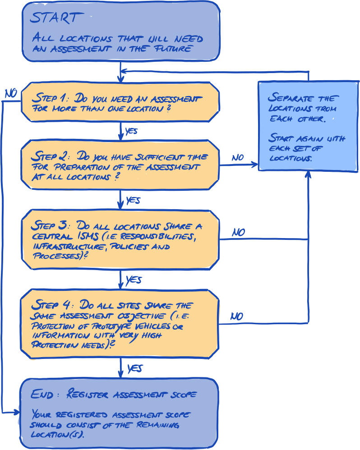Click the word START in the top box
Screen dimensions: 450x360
(57, 18)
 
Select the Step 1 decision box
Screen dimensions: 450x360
(120, 102)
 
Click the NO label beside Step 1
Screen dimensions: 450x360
(10, 93)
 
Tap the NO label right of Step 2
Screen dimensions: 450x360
(237, 157)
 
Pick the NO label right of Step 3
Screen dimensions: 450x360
(238, 232)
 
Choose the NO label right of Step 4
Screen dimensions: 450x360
(237, 316)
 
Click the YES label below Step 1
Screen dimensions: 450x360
(131, 131)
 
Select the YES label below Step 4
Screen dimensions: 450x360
(135, 368)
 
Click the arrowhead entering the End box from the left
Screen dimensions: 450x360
(17, 412)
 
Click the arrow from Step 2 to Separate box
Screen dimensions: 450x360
(238, 165)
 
